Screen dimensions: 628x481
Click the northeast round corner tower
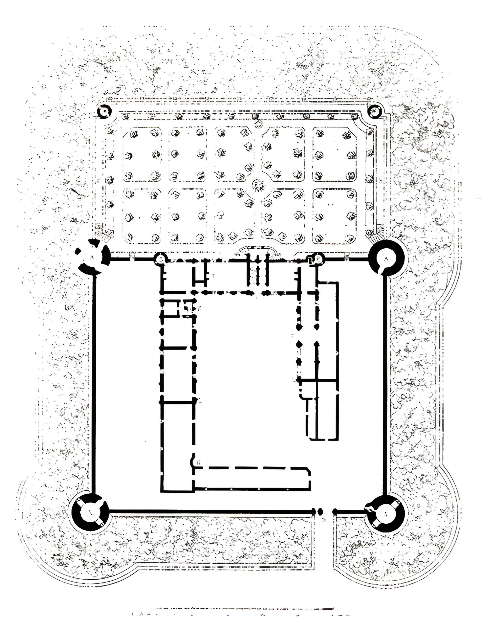pyautogui.click(x=386, y=258)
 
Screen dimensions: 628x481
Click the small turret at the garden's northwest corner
pyautogui.click(x=105, y=111)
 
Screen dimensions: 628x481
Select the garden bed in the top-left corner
pyautogui.click(x=142, y=154)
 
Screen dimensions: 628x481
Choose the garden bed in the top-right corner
pyautogui.click(x=334, y=154)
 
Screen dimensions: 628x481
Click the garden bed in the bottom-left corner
pyautogui.click(x=142, y=216)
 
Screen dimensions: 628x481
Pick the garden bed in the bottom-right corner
pyautogui.click(x=334, y=216)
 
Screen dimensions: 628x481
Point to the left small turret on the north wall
pyautogui.click(x=161, y=259)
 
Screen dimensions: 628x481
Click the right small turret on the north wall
pyautogui.click(x=319, y=259)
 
